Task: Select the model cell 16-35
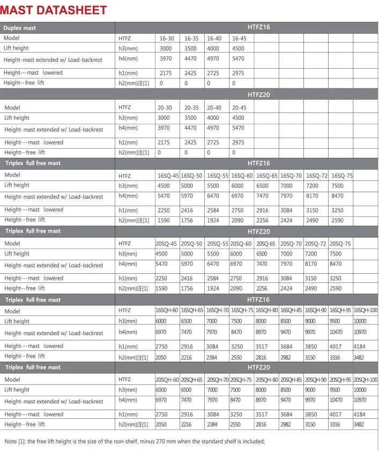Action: tap(191, 38)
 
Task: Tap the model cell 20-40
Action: tap(214, 107)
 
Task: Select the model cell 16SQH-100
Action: tap(366, 310)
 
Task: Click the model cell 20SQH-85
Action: tap(291, 380)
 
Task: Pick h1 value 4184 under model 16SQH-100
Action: tap(360, 347)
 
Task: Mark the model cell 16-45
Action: tap(239, 38)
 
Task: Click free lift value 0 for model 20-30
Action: tap(159, 152)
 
